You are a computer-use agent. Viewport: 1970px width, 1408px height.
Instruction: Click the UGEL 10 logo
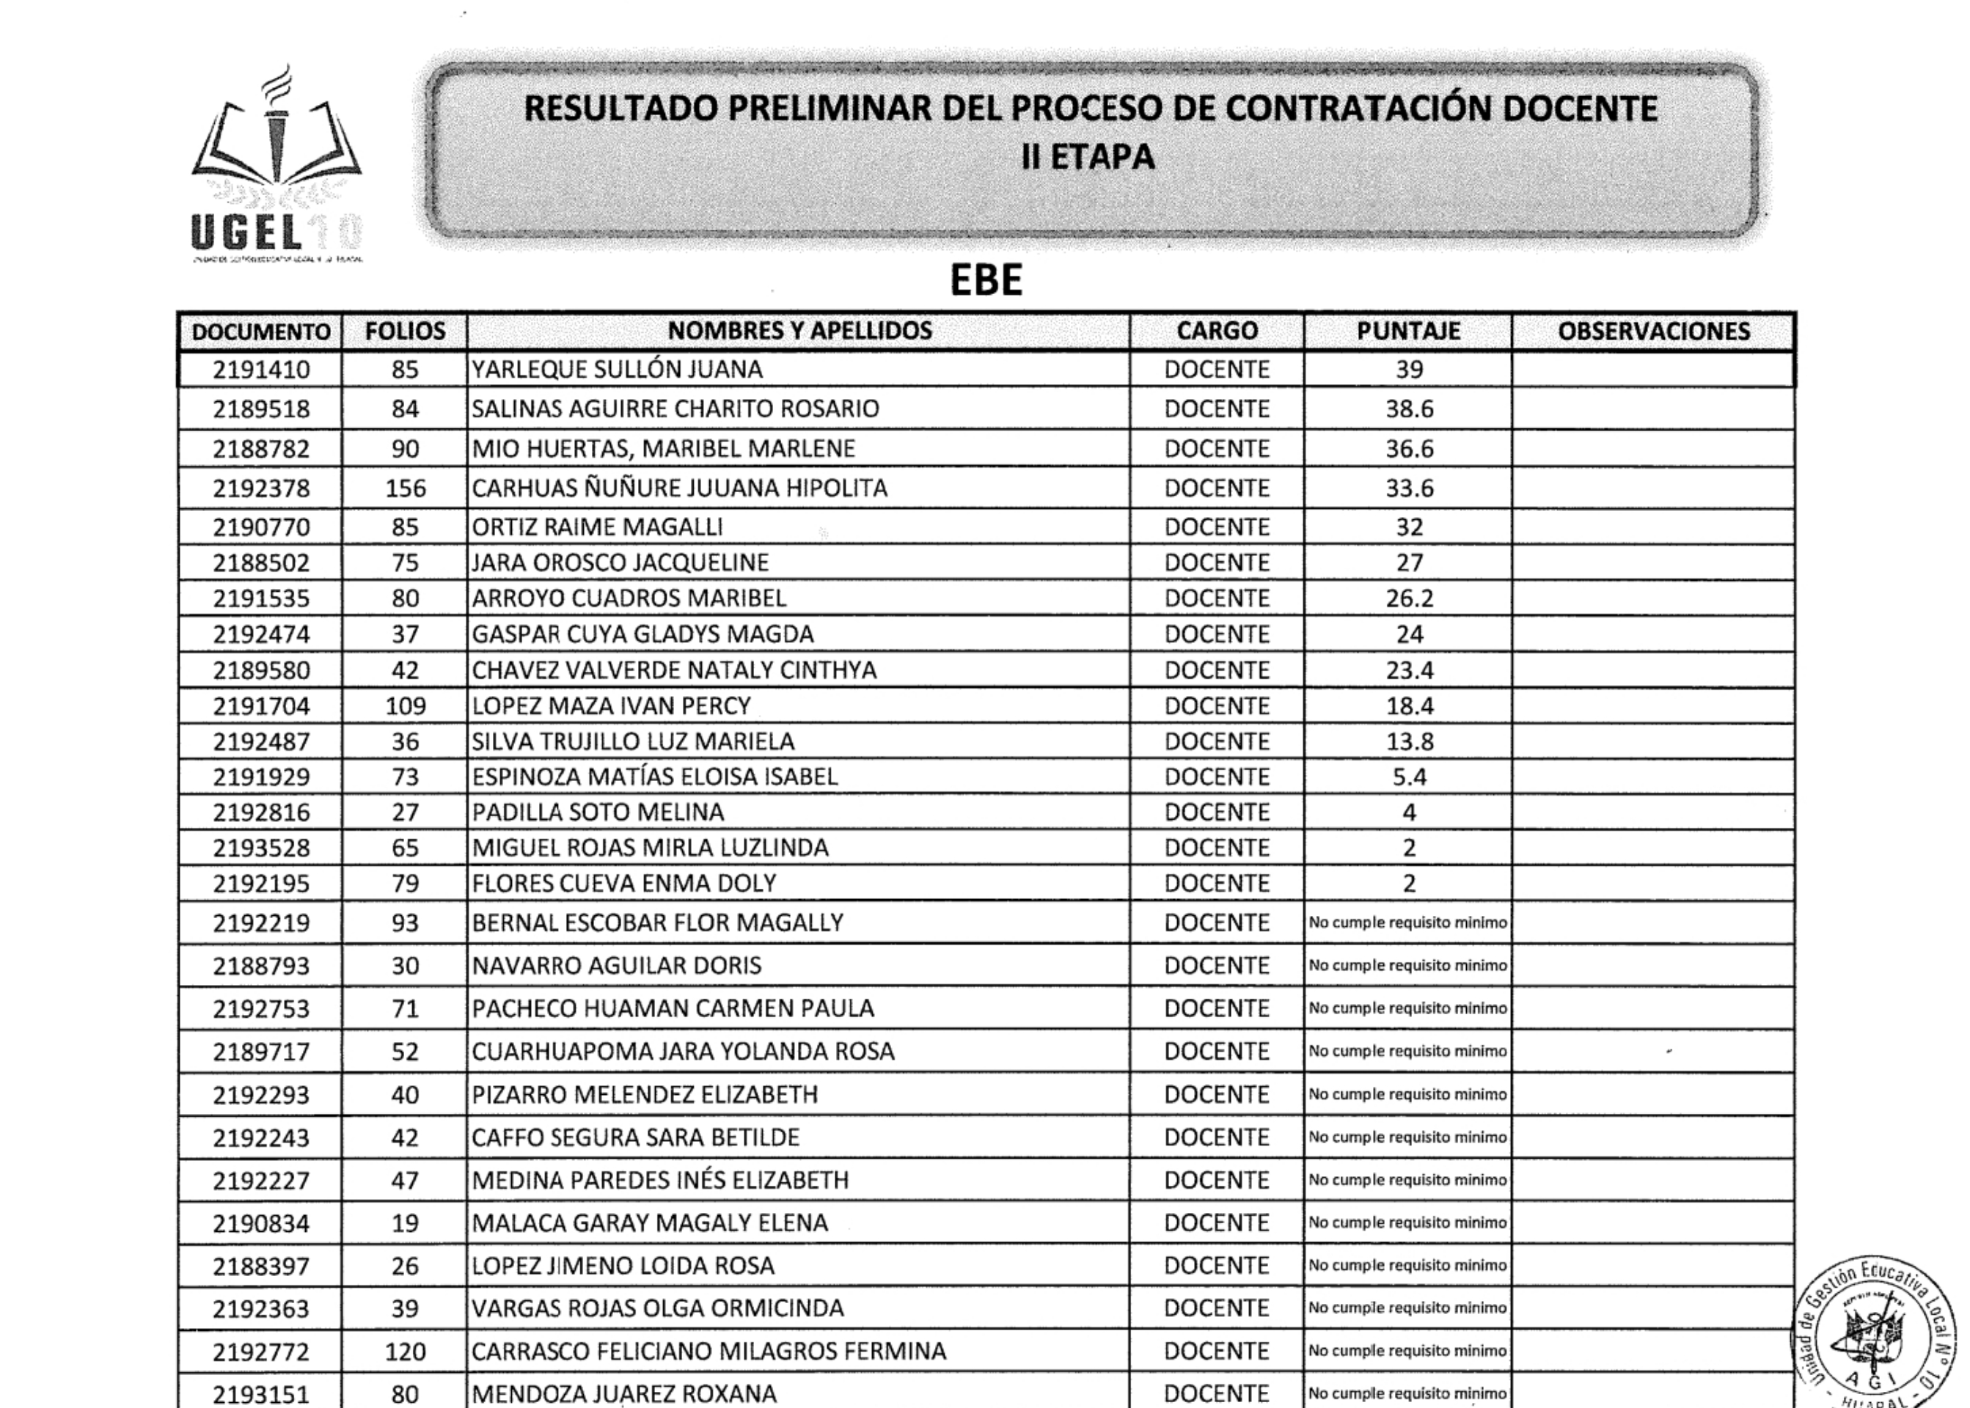[276, 165]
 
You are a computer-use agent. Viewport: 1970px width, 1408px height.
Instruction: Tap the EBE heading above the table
[986, 280]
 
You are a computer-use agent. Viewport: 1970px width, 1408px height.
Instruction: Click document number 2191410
[261, 370]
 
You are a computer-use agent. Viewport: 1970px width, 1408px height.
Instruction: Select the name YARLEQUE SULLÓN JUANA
[617, 370]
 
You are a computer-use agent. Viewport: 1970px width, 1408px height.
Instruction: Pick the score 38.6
[1409, 408]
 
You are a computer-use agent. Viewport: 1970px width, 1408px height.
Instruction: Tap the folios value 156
[405, 488]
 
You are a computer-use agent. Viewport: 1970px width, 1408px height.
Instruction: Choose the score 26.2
[1409, 598]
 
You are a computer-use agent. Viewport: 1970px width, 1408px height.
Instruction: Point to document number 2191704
[261, 705]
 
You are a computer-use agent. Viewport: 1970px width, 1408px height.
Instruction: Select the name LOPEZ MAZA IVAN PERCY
[611, 705]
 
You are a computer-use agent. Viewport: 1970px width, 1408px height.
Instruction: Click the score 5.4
[1409, 777]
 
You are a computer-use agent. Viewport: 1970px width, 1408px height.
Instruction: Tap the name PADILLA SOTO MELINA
[598, 813]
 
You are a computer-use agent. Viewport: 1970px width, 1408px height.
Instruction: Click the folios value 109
[405, 705]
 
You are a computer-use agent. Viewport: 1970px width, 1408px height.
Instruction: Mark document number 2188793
[261, 966]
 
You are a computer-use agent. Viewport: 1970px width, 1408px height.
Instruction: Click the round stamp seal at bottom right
[1873, 1340]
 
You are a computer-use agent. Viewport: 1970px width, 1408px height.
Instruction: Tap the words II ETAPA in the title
[1088, 157]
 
